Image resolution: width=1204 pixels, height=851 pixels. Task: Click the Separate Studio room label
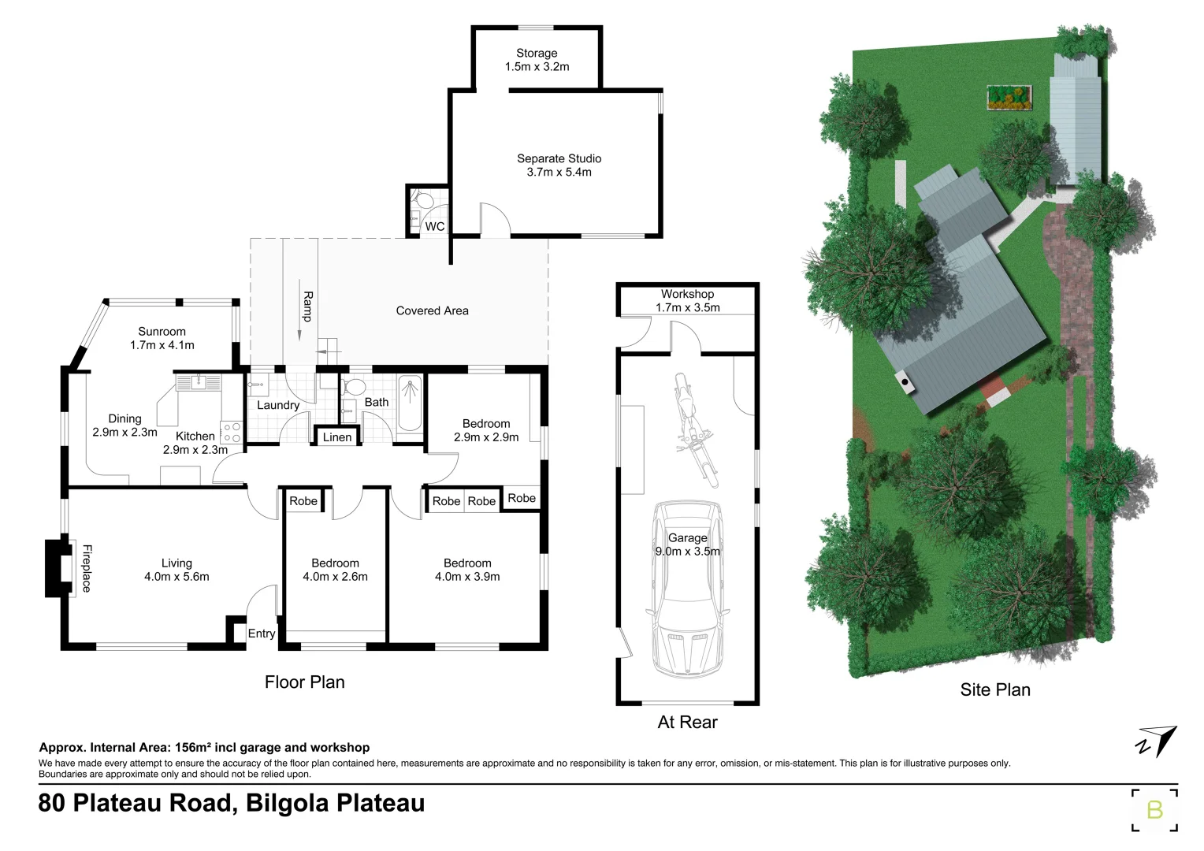pyautogui.click(x=559, y=165)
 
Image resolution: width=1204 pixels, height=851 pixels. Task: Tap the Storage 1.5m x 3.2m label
pyautogui.click(x=537, y=60)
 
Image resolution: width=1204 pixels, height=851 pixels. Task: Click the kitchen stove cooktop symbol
pyautogui.click(x=231, y=432)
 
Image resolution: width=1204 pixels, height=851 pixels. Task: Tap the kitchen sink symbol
pyautogui.click(x=198, y=383)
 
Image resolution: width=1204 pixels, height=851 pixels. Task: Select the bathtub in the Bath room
pyautogui.click(x=409, y=403)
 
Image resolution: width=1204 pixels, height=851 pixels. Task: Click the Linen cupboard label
pyautogui.click(x=337, y=437)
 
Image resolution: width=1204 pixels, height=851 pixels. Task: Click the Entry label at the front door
pyautogui.click(x=262, y=634)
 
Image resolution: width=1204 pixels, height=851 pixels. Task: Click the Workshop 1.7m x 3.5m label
pyautogui.click(x=687, y=300)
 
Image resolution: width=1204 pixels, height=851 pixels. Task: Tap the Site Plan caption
pyautogui.click(x=994, y=689)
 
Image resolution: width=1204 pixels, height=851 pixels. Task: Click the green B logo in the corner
pyautogui.click(x=1154, y=809)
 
